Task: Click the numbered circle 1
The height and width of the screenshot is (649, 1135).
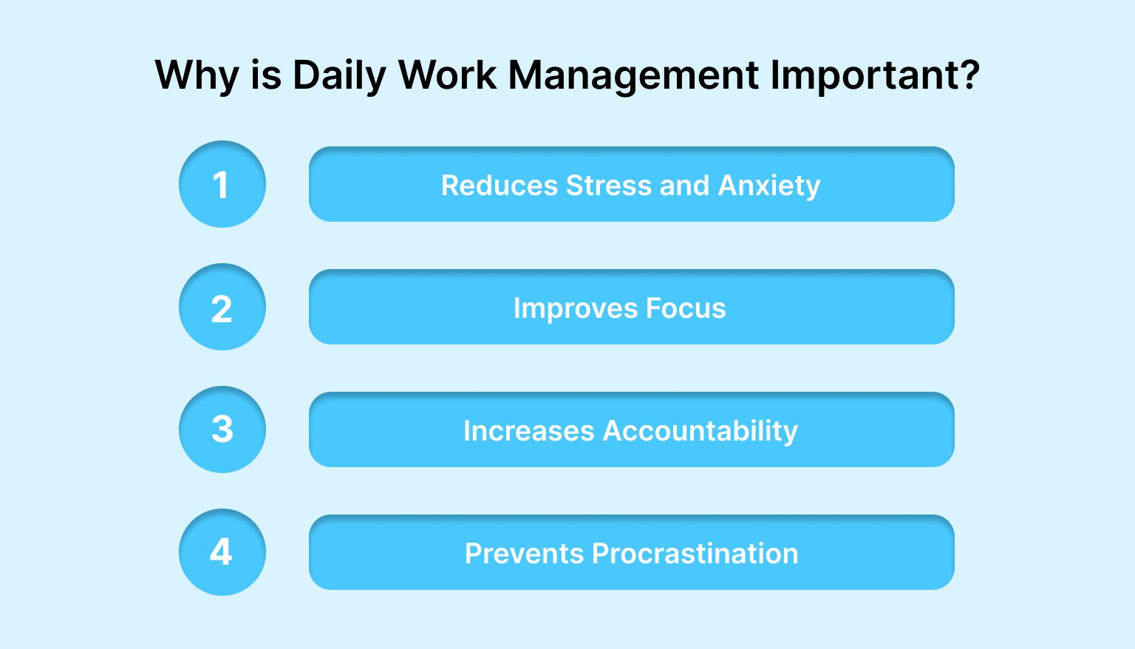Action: pyautogui.click(x=222, y=184)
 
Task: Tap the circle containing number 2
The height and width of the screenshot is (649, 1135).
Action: pyautogui.click(x=222, y=307)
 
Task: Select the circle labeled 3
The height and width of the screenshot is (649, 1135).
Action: pyautogui.click(x=222, y=429)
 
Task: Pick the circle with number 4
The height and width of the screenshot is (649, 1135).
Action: pyautogui.click(x=222, y=552)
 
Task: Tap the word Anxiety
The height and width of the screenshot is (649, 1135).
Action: pyautogui.click(x=768, y=186)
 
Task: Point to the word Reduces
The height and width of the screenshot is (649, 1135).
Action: pyautogui.click(x=499, y=185)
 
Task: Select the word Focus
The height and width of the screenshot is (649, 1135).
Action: pyautogui.click(x=686, y=307)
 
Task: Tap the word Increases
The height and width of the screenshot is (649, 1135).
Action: pyautogui.click(x=528, y=430)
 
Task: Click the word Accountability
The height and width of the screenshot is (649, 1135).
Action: pyautogui.click(x=700, y=430)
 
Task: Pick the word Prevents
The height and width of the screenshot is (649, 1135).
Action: pyautogui.click(x=523, y=553)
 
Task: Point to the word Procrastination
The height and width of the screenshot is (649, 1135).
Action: pyautogui.click(x=695, y=553)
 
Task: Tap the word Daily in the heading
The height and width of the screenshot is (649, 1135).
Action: pyautogui.click(x=339, y=75)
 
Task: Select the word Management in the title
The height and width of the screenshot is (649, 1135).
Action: pyautogui.click(x=633, y=75)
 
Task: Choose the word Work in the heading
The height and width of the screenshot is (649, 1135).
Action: pyautogui.click(x=447, y=75)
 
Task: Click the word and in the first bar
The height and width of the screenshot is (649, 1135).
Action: pyautogui.click(x=684, y=185)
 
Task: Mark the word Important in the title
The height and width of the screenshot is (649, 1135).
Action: pyautogui.click(x=861, y=75)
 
